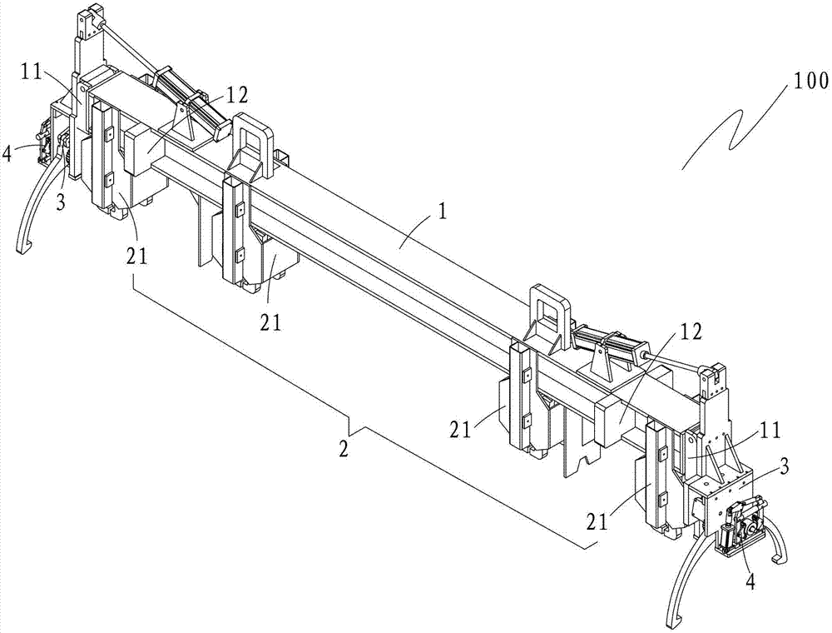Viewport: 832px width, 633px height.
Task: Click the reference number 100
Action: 810,82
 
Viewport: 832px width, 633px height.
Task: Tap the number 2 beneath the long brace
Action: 344,451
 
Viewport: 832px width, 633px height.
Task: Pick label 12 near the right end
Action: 689,331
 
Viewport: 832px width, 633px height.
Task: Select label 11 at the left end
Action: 33,71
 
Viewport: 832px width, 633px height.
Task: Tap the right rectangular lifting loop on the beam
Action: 549,314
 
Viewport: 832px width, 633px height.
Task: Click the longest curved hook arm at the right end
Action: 685,579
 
